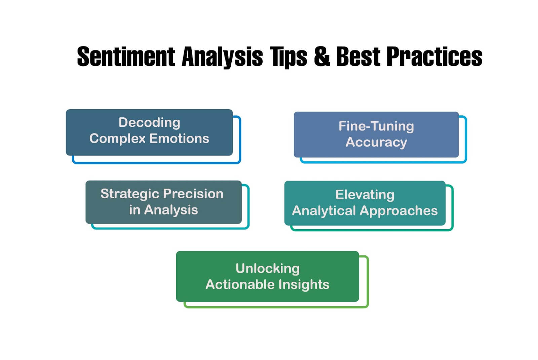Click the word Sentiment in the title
[126, 56]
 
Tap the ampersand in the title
[322, 56]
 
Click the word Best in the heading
[358, 56]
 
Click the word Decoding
[149, 122]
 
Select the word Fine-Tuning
[376, 126]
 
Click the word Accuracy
[376, 142]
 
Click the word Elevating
[365, 195]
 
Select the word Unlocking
[267, 268]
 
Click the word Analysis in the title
[222, 56]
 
